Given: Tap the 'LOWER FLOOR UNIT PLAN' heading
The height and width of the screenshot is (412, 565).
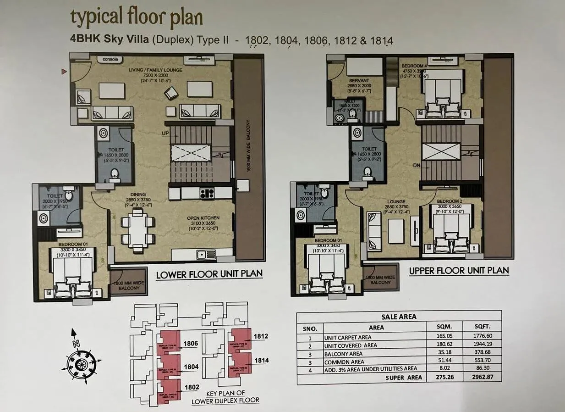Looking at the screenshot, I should point(209,274).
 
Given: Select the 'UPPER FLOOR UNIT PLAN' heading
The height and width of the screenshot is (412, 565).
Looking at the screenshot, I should point(459,270).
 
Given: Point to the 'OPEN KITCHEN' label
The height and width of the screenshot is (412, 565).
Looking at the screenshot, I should point(203,218).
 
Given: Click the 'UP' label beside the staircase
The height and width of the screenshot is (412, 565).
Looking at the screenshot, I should point(165,133).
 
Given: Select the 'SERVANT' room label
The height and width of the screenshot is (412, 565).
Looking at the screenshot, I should point(359,81).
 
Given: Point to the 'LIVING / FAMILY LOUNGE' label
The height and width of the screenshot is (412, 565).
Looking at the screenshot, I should point(155,70).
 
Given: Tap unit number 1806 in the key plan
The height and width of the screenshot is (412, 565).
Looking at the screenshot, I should point(191,343).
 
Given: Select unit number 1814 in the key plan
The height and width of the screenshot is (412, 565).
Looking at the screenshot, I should point(261,360).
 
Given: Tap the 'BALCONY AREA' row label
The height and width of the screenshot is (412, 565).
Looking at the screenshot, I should point(343,353).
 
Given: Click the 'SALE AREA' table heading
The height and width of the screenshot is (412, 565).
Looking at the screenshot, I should point(399,317).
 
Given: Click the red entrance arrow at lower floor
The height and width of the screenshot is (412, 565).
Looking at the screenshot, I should point(65,71).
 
